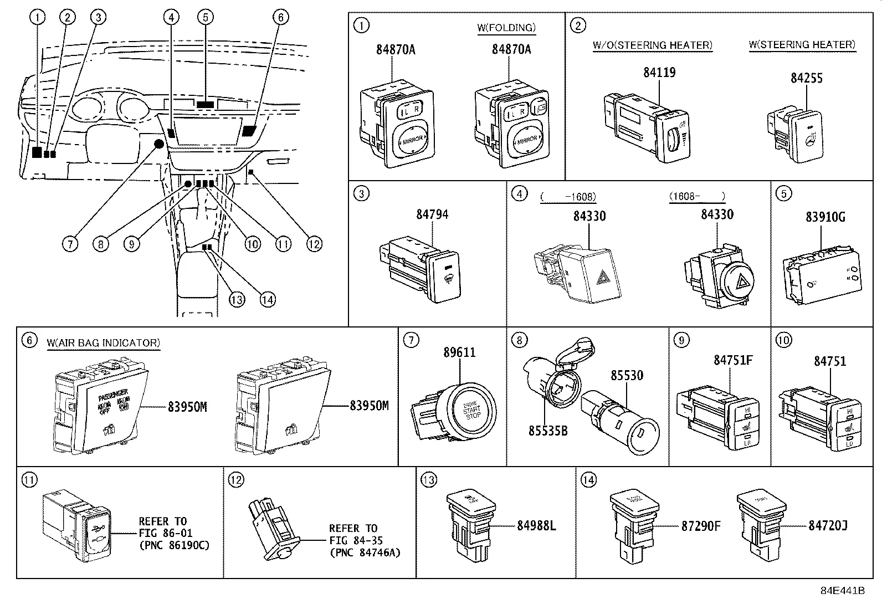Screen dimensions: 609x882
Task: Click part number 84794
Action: [432, 214]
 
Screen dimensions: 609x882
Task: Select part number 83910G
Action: [825, 217]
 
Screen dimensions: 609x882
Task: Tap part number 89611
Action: [459, 352]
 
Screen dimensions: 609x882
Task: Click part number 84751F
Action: [732, 360]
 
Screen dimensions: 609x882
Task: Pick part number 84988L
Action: [536, 525]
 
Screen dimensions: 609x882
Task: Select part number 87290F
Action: [700, 526]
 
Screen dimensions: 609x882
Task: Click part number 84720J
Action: [828, 525]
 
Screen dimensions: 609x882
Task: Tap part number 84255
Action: [806, 78]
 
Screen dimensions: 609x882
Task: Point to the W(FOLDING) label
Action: [506, 28]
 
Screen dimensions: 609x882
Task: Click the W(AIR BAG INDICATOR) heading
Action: [103, 343]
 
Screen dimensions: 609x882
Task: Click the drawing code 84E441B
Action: [842, 590]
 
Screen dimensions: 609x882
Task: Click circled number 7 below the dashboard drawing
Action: [70, 244]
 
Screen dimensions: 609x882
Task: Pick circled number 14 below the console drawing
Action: [268, 300]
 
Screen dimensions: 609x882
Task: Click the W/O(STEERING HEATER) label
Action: [652, 45]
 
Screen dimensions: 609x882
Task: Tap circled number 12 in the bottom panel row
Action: [235, 479]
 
